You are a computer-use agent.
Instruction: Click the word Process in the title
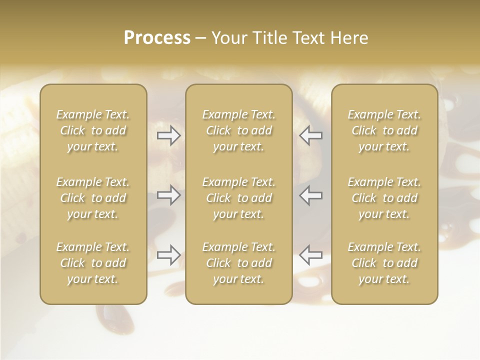(x=157, y=38)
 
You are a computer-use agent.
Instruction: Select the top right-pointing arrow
(x=169, y=135)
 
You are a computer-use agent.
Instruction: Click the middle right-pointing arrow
(x=169, y=195)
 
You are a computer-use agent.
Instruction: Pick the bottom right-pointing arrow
(x=169, y=255)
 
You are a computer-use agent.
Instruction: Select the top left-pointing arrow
(x=310, y=135)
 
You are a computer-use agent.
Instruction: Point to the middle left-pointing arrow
(x=310, y=195)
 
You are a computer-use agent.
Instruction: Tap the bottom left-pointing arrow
(x=310, y=255)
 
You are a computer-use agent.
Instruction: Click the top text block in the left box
(x=93, y=130)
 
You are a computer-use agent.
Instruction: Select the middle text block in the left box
(x=93, y=198)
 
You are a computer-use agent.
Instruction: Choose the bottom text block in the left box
(x=93, y=263)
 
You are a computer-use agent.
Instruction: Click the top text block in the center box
(x=238, y=130)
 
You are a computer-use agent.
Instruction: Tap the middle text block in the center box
(x=238, y=198)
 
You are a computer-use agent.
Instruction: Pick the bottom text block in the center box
(x=238, y=263)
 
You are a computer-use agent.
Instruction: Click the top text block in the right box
(x=384, y=130)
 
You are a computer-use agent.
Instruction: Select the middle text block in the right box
(x=384, y=198)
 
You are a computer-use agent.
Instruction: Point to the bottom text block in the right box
(x=384, y=263)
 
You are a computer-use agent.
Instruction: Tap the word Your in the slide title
(x=227, y=38)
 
